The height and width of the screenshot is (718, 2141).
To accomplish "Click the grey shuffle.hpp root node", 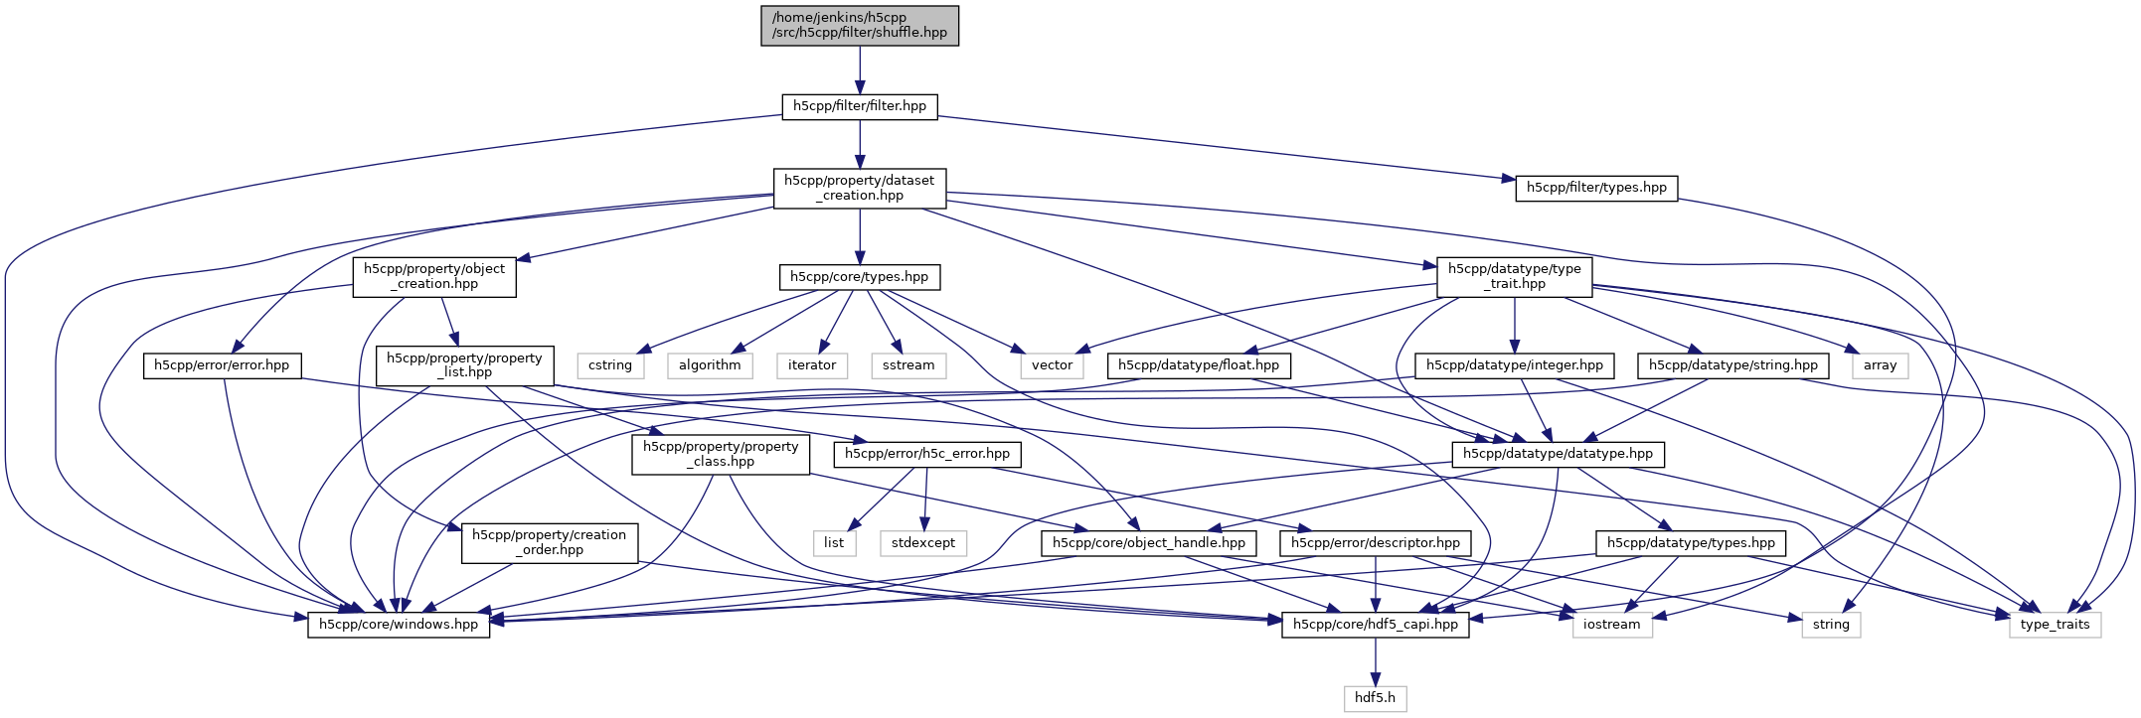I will [x=860, y=25].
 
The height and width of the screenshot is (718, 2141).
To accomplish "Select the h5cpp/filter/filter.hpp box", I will [x=860, y=106].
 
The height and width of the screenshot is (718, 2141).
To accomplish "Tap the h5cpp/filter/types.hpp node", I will [x=1596, y=188].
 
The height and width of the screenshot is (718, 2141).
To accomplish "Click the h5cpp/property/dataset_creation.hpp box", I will [x=860, y=188].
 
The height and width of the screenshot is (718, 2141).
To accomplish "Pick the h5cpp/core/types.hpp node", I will [x=860, y=277].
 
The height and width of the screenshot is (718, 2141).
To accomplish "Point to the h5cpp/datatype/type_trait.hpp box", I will [x=1515, y=276].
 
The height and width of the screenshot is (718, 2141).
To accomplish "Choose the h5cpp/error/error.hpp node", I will [x=222, y=365].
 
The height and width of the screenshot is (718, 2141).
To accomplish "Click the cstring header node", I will [x=610, y=365].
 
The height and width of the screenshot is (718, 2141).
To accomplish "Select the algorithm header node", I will [x=710, y=365].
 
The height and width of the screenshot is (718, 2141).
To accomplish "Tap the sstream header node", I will [x=908, y=365].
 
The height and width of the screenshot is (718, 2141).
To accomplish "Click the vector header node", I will [x=1052, y=365].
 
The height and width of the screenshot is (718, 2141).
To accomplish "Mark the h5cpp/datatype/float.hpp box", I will [x=1199, y=365].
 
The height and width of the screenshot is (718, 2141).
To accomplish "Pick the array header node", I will [x=1880, y=365].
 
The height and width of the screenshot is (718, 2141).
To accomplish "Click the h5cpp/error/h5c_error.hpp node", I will [x=927, y=454].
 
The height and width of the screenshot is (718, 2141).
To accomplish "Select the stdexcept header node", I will [x=923, y=543].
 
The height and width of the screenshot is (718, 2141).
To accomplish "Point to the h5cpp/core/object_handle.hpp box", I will [x=1149, y=543].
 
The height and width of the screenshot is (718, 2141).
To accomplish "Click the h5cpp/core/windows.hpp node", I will [x=399, y=625].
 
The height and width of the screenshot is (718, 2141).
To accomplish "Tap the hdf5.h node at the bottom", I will [x=1376, y=698].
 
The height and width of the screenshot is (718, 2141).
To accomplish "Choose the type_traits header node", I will [x=2055, y=625].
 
